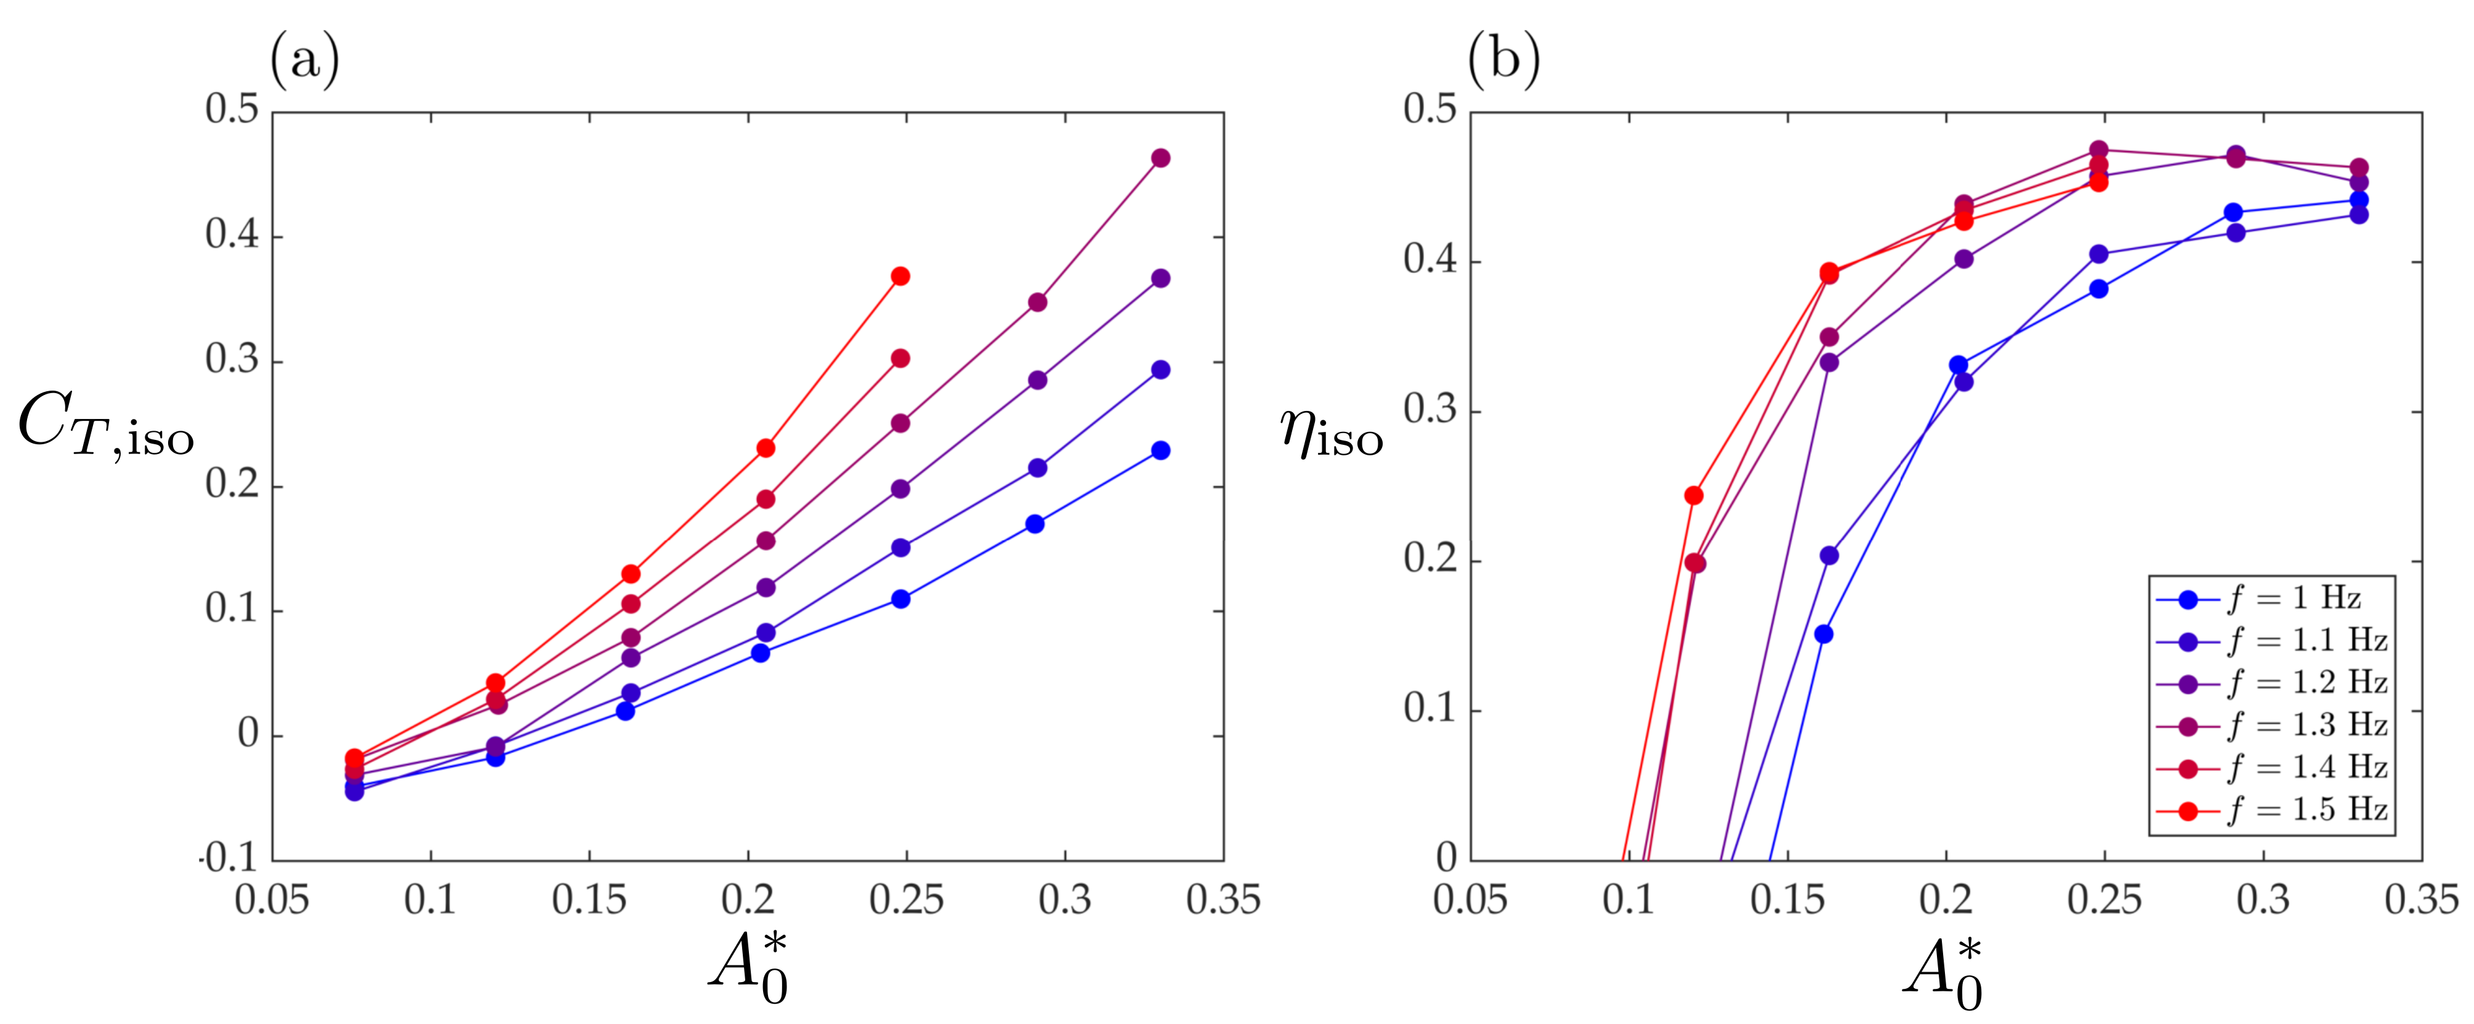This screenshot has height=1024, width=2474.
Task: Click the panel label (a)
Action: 304,60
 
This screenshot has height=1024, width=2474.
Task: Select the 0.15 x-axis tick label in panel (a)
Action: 589,900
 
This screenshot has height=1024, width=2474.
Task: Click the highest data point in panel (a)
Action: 1160,158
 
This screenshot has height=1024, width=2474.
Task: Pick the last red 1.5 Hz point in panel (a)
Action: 900,275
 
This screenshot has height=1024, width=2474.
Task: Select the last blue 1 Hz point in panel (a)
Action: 1160,450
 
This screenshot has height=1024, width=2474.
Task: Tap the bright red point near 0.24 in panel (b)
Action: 1693,495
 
